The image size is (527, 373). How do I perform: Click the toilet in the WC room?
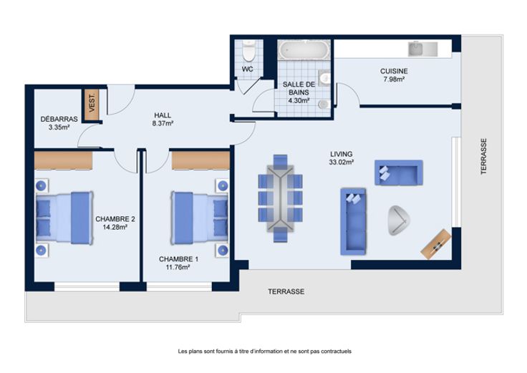click(248, 49)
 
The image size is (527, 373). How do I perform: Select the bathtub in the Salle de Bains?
click(304, 50)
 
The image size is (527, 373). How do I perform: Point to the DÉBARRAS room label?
click(59, 119)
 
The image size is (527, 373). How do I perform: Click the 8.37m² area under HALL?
click(163, 123)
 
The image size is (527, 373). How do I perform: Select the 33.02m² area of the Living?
click(341, 162)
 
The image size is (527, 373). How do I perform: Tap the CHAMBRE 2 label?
click(115, 219)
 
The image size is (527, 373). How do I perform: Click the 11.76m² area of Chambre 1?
click(178, 267)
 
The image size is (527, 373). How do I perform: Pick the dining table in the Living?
click(280, 198)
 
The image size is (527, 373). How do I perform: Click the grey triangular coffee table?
click(399, 220)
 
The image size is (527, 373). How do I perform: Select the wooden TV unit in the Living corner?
click(436, 244)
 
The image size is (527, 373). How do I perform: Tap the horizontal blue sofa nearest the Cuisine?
click(399, 173)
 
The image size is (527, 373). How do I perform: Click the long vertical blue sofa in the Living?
click(353, 221)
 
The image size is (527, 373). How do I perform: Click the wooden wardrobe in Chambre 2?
click(64, 160)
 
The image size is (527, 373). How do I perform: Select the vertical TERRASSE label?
click(483, 156)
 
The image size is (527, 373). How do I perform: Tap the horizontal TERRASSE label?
click(286, 291)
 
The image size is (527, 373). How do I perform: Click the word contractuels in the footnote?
click(336, 352)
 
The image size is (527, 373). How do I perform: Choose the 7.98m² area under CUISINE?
click(394, 79)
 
